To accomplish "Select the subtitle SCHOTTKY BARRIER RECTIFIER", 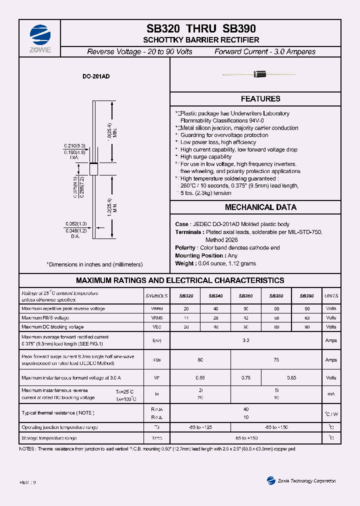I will [x=201, y=40].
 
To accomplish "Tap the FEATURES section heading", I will [x=260, y=99].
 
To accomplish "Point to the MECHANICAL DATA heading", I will [x=260, y=207].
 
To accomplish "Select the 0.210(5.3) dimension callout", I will [x=74, y=145].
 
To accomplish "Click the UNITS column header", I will [x=331, y=296].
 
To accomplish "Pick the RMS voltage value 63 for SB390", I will [x=306, y=317].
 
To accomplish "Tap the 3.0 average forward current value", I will [x=245, y=340].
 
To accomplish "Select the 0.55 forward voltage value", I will [x=200, y=378].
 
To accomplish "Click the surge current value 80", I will [x=200, y=359].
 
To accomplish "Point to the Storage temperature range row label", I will [x=49, y=438].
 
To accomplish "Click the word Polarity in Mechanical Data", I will [x=185, y=248].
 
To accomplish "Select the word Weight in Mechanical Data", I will [x=184, y=263].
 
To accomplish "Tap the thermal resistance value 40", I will [x=245, y=409].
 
